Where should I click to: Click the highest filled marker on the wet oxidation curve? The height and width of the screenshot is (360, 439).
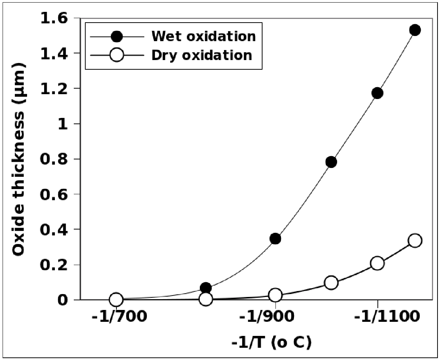(x=415, y=30)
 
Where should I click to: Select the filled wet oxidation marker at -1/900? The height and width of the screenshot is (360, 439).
(x=275, y=238)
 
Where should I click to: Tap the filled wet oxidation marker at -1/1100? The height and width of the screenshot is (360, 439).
(x=377, y=93)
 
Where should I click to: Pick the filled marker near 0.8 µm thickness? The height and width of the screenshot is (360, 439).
(x=331, y=162)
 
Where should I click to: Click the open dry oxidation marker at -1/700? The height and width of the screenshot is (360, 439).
(x=116, y=299)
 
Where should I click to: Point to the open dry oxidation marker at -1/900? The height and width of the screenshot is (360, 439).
(x=275, y=295)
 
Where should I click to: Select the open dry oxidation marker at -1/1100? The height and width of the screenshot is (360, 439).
(x=377, y=263)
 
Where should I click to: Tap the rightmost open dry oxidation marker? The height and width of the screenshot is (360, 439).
(x=415, y=241)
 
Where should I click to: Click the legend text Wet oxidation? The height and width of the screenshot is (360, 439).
(x=203, y=36)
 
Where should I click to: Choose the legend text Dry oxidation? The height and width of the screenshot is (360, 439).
(x=202, y=55)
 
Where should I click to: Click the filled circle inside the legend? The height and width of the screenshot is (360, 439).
(x=117, y=36)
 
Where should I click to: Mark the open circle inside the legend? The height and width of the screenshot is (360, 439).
(x=117, y=55)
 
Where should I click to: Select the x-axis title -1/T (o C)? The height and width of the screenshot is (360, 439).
(x=271, y=342)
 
